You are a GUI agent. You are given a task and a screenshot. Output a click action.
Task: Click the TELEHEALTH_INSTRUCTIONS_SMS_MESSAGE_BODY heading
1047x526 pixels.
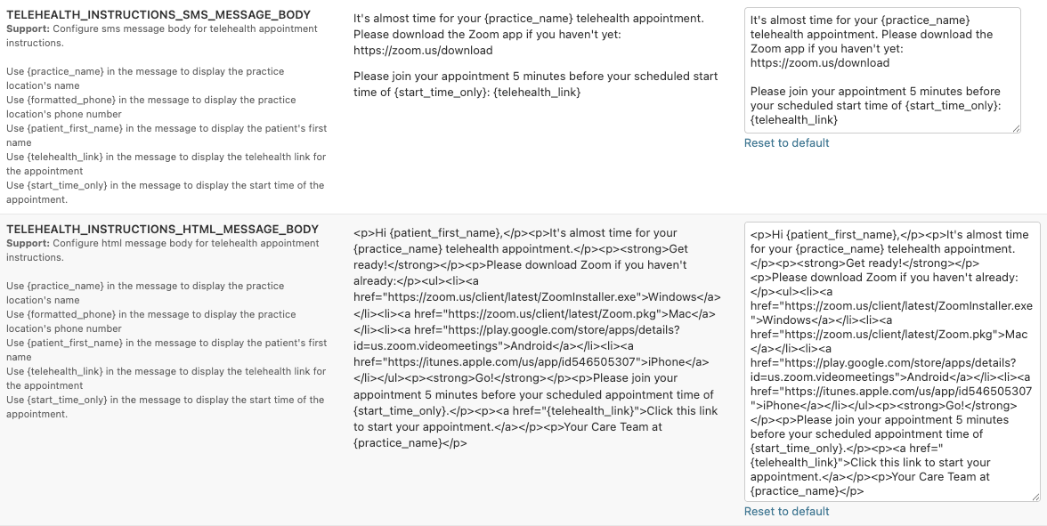[x=158, y=15]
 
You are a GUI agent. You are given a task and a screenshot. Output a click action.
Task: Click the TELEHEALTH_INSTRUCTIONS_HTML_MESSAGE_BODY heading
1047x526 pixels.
[x=162, y=230]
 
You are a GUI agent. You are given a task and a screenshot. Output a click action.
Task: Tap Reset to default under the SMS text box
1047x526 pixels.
[x=786, y=143]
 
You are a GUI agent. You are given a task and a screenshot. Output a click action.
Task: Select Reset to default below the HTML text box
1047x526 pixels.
[x=786, y=512]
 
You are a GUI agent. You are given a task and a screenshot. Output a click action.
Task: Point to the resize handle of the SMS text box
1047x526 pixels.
[x=1016, y=128]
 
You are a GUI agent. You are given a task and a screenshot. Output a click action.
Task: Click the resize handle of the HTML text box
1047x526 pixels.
[x=1035, y=497]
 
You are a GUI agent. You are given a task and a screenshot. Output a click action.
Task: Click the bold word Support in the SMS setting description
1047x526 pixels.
[x=27, y=29]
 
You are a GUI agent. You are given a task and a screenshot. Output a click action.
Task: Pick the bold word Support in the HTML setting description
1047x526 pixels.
[x=27, y=244]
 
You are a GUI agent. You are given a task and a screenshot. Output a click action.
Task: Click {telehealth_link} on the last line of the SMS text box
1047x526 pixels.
[x=794, y=120]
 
